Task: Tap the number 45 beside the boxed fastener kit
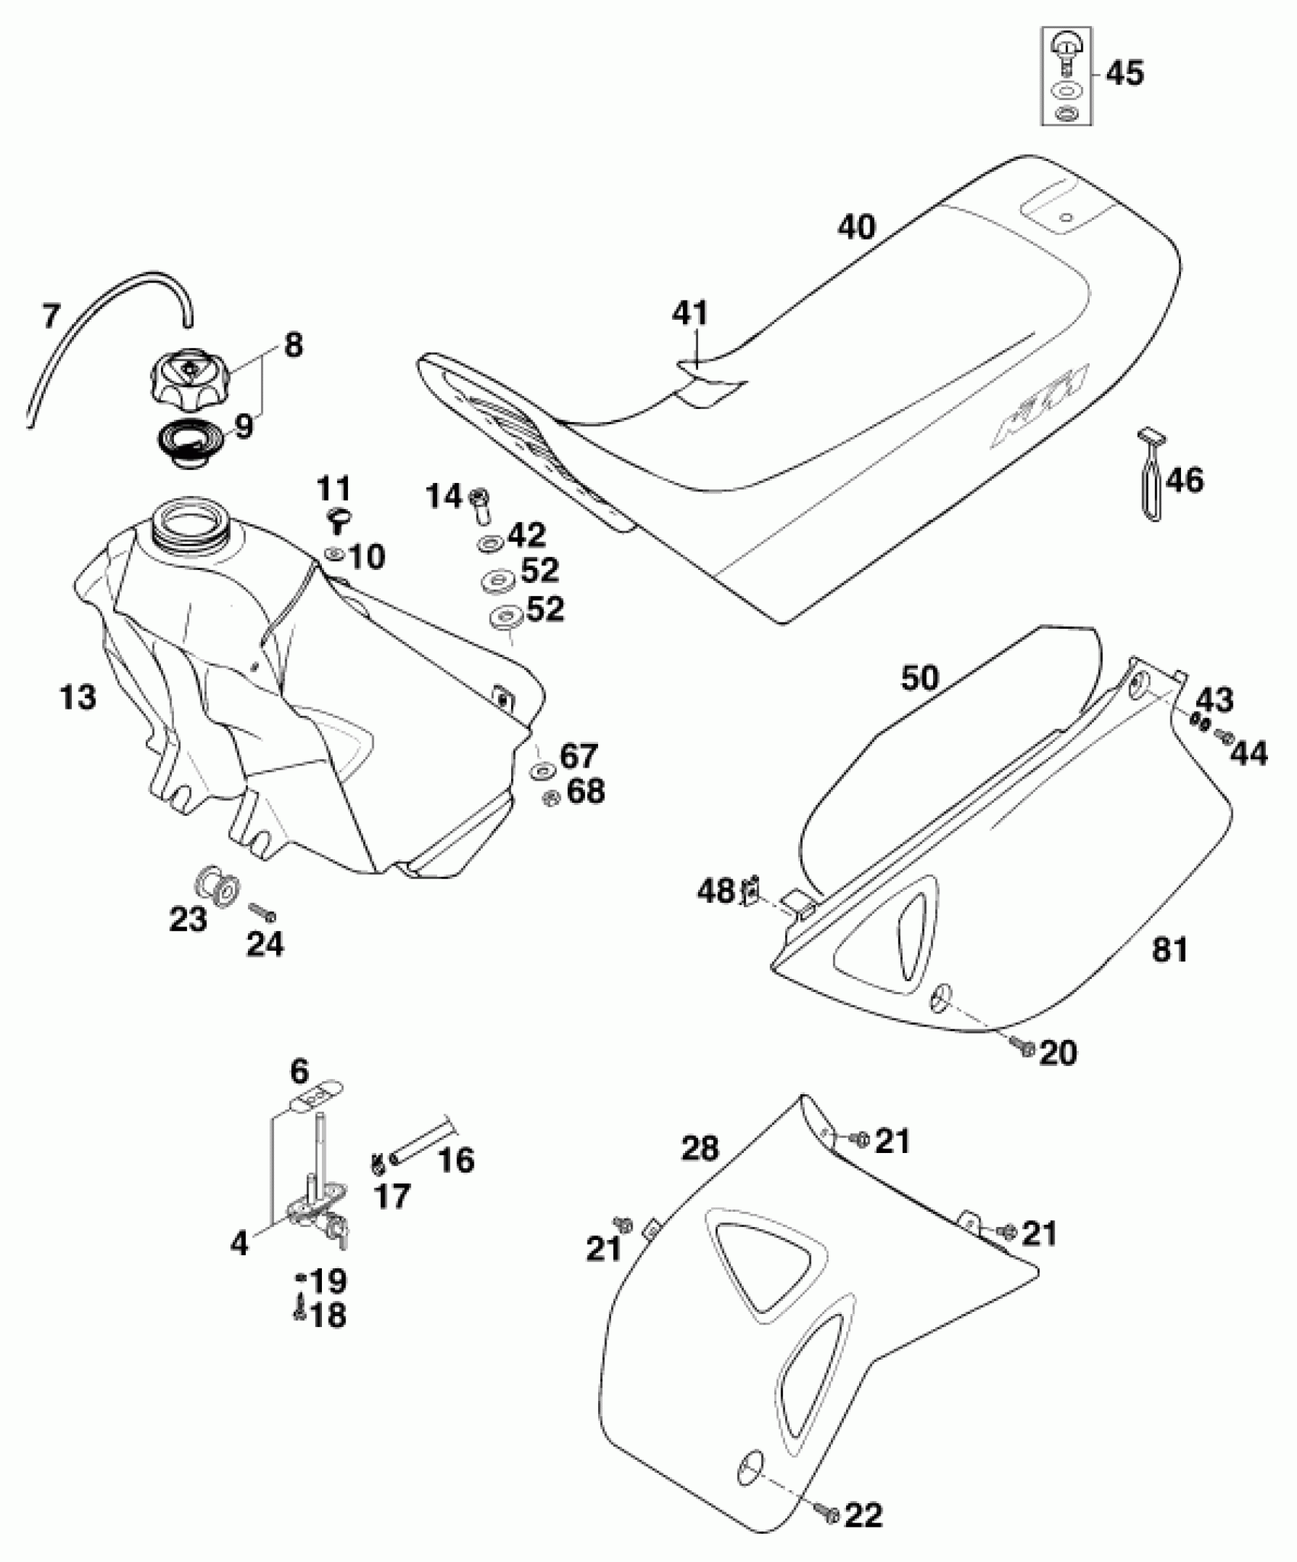(x=1125, y=74)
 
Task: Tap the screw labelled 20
(x=1023, y=1048)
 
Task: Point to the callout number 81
(x=1169, y=950)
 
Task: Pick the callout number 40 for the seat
(x=857, y=227)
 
